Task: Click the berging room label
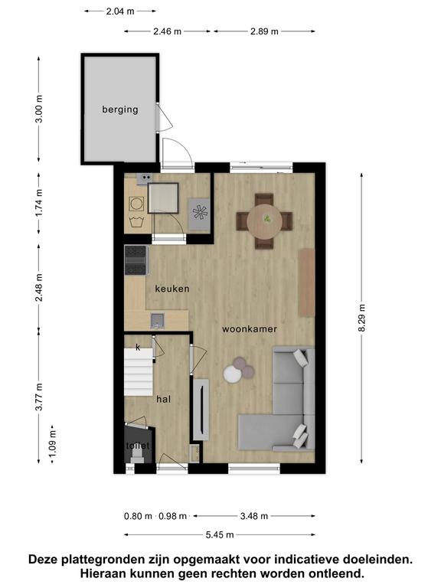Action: [120, 109]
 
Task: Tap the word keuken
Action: [172, 289]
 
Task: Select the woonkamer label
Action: [250, 329]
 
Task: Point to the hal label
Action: [164, 399]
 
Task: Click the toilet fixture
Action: [137, 453]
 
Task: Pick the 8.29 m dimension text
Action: [361, 318]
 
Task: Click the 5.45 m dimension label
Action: [220, 534]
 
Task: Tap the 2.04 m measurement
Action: [120, 11]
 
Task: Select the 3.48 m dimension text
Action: [254, 516]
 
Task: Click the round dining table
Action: [264, 220]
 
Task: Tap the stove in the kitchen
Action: [136, 260]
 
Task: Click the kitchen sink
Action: [158, 321]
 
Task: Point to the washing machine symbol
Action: [136, 204]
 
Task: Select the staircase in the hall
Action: [139, 371]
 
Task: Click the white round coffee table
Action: [233, 374]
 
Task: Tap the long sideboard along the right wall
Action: [306, 282]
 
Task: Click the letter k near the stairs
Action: [138, 348]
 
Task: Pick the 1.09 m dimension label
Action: [53, 443]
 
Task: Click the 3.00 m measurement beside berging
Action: [39, 109]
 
